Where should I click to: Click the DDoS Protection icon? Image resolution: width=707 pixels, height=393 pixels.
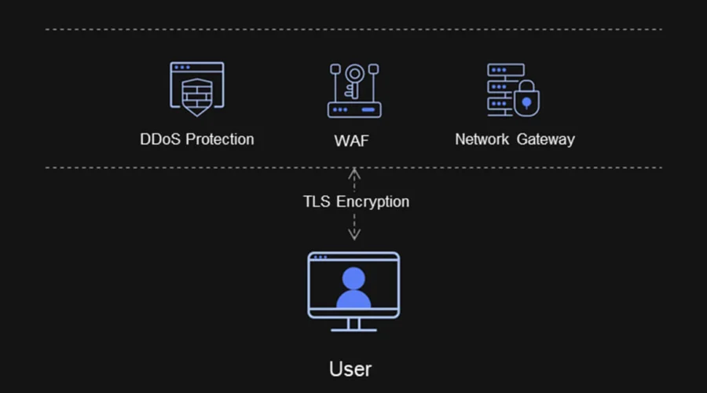click(196, 89)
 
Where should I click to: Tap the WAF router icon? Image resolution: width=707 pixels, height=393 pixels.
click(354, 90)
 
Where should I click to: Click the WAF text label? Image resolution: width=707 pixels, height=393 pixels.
click(350, 141)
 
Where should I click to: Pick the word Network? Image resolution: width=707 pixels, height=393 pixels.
click(482, 140)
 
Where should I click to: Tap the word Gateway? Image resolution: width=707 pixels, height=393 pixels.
click(546, 140)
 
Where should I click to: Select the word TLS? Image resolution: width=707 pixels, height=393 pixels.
click(317, 202)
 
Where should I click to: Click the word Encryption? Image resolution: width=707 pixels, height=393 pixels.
click(372, 202)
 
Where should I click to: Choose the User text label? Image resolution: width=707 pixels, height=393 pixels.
click(350, 368)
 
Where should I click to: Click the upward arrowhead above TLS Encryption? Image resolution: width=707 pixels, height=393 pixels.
click(354, 171)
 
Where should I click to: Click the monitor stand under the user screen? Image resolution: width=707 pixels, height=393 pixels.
click(353, 324)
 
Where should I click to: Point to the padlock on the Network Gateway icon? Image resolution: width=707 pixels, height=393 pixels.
click(526, 101)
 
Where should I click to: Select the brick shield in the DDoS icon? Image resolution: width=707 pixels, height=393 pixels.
click(196, 96)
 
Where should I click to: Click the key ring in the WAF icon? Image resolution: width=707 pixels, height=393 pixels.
click(355, 74)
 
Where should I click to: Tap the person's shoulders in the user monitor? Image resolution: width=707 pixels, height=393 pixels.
click(353, 299)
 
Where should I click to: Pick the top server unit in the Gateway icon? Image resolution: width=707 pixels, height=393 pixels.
click(505, 69)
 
